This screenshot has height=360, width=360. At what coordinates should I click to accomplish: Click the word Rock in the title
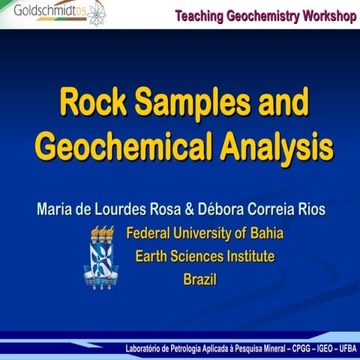(91, 102)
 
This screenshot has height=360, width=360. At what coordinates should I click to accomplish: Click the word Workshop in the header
(324, 16)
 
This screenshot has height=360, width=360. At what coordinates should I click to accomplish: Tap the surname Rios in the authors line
(307, 208)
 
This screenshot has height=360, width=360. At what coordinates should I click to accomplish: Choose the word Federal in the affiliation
(150, 232)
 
